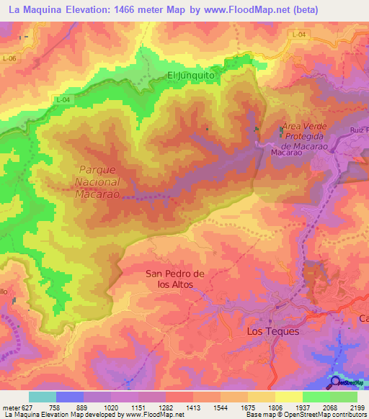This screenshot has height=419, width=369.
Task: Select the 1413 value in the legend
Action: coord(193,407)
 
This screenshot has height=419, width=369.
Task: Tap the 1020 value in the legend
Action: coord(110,407)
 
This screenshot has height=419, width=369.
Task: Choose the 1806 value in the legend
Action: coord(275,407)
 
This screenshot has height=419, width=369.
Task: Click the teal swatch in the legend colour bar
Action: coord(43,397)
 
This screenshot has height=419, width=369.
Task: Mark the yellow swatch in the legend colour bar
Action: coord(289,397)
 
